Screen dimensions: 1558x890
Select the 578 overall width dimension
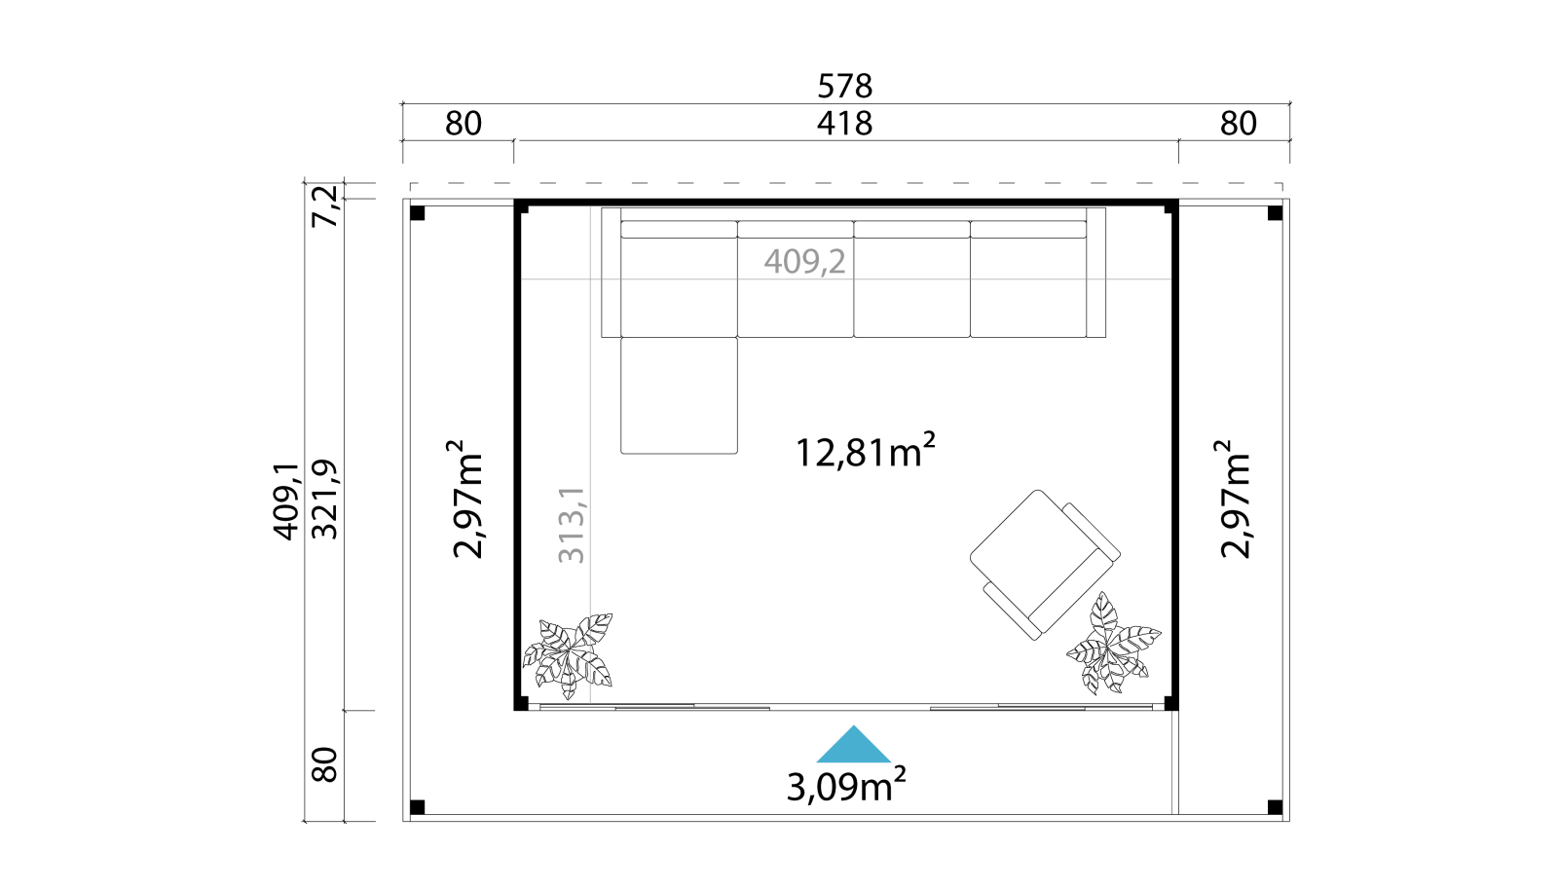tap(844, 87)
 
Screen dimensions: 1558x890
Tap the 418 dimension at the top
tap(844, 124)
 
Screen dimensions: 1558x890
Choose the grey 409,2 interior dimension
tap(804, 262)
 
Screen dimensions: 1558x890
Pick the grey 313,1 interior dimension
tap(572, 524)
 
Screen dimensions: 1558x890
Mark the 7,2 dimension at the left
tap(325, 205)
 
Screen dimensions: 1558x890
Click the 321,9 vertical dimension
tap(325, 500)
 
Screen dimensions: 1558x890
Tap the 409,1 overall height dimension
tap(286, 501)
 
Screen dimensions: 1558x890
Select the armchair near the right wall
tap(1045, 564)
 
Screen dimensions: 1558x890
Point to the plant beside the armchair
tap(1113, 644)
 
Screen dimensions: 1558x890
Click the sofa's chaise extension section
tap(679, 395)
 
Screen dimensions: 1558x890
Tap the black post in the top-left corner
tap(418, 213)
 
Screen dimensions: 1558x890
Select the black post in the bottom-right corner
tap(1275, 807)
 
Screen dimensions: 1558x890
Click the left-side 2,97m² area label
tap(466, 499)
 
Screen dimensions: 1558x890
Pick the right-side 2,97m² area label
tap(1235, 499)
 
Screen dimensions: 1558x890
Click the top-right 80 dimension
tap(1238, 124)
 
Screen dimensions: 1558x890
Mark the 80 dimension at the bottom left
tap(325, 764)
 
